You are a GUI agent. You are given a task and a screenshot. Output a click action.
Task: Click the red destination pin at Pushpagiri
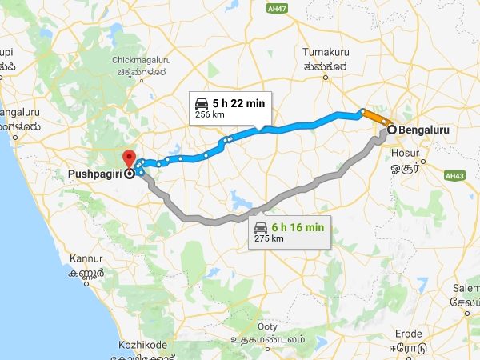pyautogui.click(x=128, y=157)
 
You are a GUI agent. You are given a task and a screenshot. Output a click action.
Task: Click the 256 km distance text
pyautogui.click(x=206, y=116)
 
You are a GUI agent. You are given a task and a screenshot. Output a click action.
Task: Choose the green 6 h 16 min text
pyautogui.click(x=298, y=227)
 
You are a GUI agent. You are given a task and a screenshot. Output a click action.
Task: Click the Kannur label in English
pyautogui.click(x=86, y=259)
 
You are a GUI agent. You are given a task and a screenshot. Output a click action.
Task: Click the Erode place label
pyautogui.click(x=411, y=333)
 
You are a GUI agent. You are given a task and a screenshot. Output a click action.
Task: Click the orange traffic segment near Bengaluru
pyautogui.click(x=375, y=118)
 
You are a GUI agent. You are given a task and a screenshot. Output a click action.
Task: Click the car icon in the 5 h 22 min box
pyautogui.click(x=202, y=102)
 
